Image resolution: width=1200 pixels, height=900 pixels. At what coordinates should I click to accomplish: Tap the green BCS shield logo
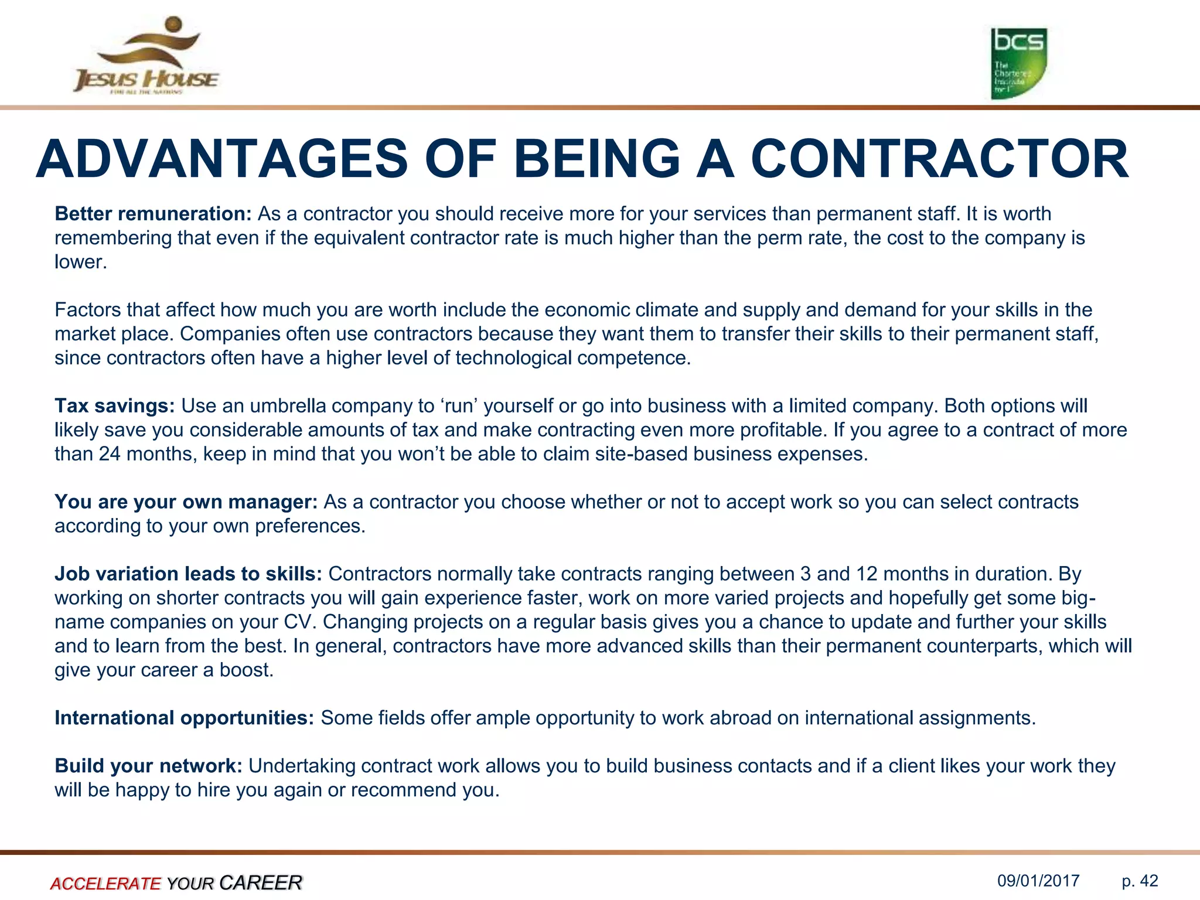coord(1018,63)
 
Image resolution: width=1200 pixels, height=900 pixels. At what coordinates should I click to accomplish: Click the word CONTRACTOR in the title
coord(939,159)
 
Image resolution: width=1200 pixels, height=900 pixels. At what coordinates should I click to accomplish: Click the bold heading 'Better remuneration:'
coord(153,214)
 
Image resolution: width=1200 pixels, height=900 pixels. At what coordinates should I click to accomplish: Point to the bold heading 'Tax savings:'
coord(115,406)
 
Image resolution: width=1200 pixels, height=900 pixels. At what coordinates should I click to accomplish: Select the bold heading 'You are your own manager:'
coord(186,502)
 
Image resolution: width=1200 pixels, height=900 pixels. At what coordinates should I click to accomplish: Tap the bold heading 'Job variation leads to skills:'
coord(188,574)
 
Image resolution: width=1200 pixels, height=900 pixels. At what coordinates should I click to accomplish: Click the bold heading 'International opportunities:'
coord(185,718)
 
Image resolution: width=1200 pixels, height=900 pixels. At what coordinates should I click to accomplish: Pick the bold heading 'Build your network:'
coord(148,766)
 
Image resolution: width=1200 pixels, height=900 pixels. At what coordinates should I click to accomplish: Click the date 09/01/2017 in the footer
coord(1038,881)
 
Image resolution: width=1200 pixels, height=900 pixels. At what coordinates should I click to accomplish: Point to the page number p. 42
coord(1140,881)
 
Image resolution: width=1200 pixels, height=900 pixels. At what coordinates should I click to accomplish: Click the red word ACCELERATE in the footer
coord(105,883)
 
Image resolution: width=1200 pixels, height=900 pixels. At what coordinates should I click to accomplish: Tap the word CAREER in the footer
coord(261,882)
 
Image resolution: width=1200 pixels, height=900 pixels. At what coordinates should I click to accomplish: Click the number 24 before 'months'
coord(110,454)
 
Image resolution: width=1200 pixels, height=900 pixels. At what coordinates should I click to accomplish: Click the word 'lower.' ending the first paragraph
coord(81,262)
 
